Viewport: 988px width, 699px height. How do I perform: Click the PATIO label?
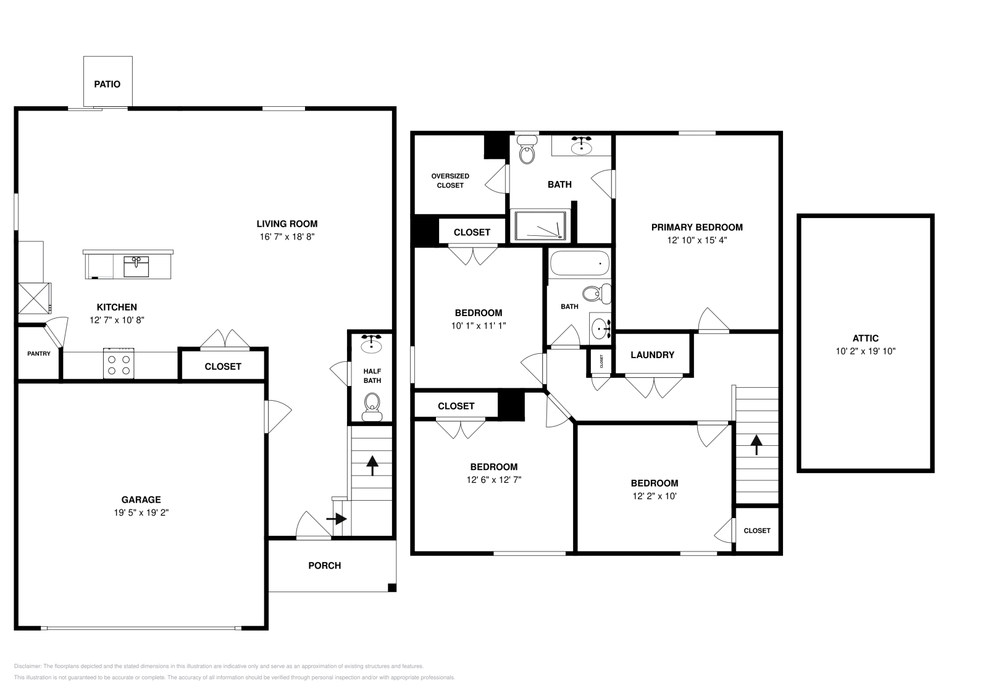(107, 84)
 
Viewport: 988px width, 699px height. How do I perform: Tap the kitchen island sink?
(136, 267)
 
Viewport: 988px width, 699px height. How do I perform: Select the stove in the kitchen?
(119, 364)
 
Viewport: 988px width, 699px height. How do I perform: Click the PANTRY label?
(39, 354)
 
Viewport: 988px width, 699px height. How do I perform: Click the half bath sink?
(372, 343)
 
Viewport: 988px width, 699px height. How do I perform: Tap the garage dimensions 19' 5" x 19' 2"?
(141, 513)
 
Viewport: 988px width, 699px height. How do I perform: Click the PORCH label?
(324, 566)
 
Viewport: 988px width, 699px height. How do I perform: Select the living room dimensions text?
(287, 236)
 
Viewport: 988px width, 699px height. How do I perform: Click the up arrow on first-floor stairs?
(372, 464)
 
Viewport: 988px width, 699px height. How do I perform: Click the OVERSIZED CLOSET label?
(450, 180)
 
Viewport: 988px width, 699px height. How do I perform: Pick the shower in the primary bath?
(540, 225)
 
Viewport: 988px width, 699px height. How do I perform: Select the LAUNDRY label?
(652, 355)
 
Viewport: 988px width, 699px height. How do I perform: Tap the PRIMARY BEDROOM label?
(697, 227)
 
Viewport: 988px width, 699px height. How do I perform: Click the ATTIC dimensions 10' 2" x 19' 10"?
(865, 351)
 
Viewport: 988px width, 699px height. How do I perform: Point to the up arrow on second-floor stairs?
(756, 444)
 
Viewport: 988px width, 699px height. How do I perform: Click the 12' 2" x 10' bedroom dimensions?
(654, 496)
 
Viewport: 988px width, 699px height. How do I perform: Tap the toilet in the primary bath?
(527, 153)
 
